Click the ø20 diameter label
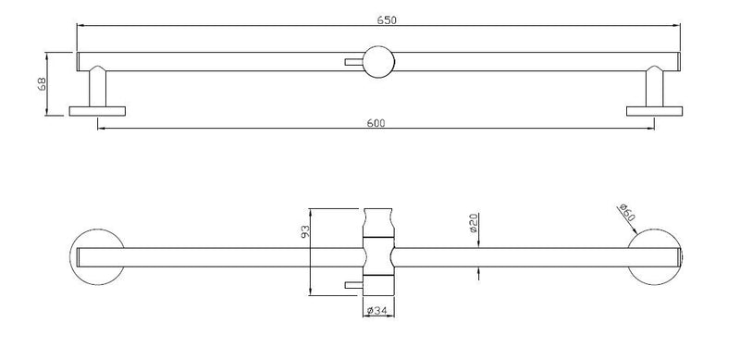click(x=474, y=224)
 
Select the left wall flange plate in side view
click(x=97, y=112)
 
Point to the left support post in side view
click(x=97, y=89)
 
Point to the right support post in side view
click(x=653, y=89)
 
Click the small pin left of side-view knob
click(x=351, y=62)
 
